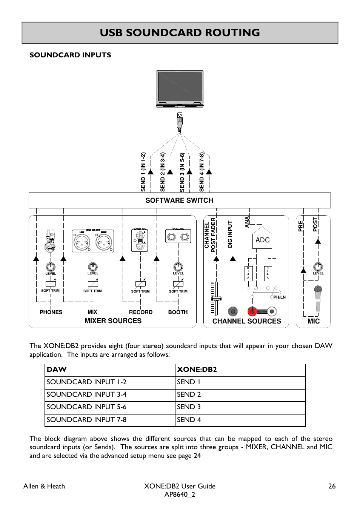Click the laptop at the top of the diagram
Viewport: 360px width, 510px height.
pyautogui.click(x=180, y=89)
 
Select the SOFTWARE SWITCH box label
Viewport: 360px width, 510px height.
pyautogui.click(x=179, y=200)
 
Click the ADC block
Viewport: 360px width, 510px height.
pyautogui.click(x=263, y=240)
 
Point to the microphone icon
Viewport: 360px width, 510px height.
pyautogui.click(x=318, y=298)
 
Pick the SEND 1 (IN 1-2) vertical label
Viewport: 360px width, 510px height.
pyautogui.click(x=143, y=172)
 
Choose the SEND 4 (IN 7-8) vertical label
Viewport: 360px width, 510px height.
pyautogui.click(x=202, y=172)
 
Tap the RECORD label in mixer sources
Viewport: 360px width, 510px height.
pyautogui.click(x=141, y=312)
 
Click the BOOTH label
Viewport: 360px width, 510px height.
pyautogui.click(x=178, y=312)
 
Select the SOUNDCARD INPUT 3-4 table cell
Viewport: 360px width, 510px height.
pyautogui.click(x=86, y=394)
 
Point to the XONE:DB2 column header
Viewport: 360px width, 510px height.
pyautogui.click(x=197, y=370)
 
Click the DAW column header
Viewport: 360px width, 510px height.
pyautogui.click(x=57, y=370)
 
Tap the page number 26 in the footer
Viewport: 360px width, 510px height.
pyautogui.click(x=332, y=486)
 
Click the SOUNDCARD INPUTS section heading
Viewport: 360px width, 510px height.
pyautogui.click(x=70, y=55)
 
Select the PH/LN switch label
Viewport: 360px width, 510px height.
pyautogui.click(x=280, y=297)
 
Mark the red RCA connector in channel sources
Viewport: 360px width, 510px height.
pyautogui.click(x=252, y=311)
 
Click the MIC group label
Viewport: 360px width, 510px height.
pyautogui.click(x=314, y=321)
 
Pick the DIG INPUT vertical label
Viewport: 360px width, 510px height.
pyautogui.click(x=230, y=234)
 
